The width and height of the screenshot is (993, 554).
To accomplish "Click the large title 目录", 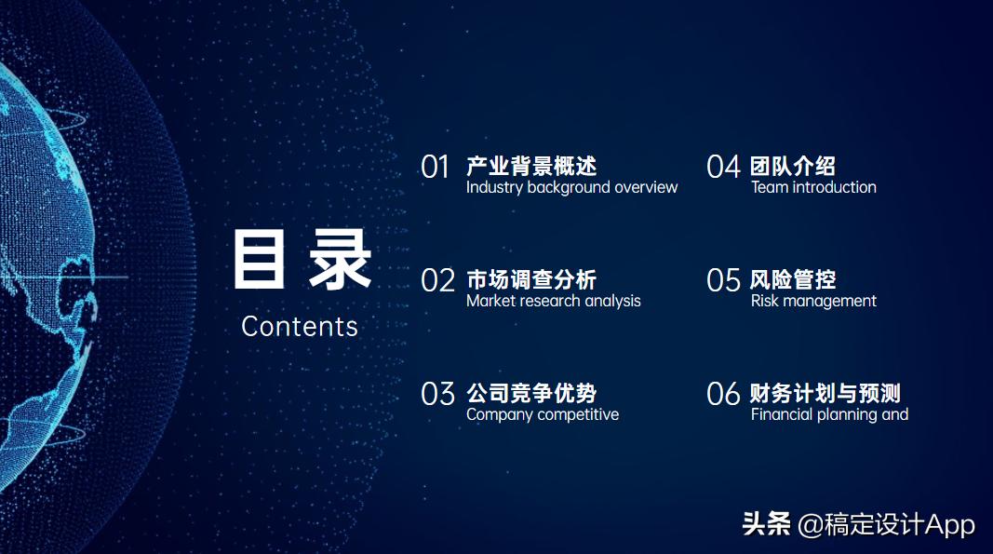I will tap(301, 260).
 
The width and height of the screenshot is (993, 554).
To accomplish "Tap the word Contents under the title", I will tap(300, 327).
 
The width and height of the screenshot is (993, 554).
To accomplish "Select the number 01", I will tap(436, 168).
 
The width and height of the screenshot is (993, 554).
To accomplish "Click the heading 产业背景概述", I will tap(531, 167).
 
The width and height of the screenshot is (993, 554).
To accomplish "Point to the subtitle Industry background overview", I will tap(571, 188).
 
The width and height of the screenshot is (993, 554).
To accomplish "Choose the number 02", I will tap(437, 281).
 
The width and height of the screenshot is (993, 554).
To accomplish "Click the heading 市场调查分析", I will tap(531, 280).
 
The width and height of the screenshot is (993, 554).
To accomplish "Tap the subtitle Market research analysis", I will tap(553, 302).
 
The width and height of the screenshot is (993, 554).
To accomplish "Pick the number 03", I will tap(437, 395).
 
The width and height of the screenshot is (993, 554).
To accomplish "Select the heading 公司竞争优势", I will tap(531, 394).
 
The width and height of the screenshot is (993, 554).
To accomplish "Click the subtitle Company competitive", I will tap(542, 415).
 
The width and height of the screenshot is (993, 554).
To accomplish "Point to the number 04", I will tap(723, 168).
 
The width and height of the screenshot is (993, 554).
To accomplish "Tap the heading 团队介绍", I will tap(793, 167).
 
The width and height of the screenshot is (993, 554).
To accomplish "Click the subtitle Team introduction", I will tap(813, 188).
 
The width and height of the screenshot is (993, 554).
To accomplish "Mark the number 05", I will tap(723, 281).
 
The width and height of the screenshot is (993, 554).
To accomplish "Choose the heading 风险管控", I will tap(793, 280).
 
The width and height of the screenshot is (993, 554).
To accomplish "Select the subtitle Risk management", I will tap(813, 302).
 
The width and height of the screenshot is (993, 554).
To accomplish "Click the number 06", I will tap(723, 395).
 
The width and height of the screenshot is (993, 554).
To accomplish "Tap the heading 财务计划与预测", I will tap(825, 394).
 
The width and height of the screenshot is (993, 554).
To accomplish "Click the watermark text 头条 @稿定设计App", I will tap(858, 524).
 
